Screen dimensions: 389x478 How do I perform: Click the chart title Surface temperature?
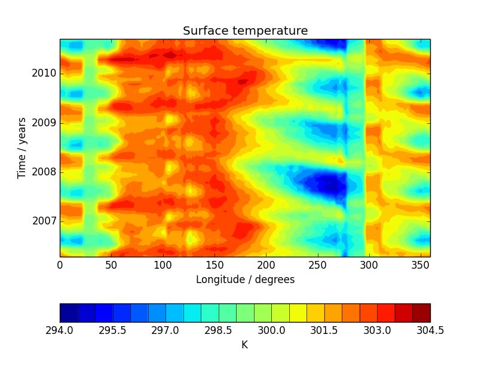(245, 31)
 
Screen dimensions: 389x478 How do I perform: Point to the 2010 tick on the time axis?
(45, 74)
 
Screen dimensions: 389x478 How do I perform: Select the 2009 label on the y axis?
(45, 123)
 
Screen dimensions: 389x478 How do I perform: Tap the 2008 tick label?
(45, 172)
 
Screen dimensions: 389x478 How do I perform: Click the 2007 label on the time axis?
(45, 221)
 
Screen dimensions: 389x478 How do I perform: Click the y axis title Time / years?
(22, 148)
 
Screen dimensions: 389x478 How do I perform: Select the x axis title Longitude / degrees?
(245, 279)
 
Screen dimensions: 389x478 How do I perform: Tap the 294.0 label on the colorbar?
(60, 330)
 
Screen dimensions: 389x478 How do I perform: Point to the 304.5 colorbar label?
(430, 330)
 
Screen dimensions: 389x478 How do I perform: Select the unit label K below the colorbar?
(244, 345)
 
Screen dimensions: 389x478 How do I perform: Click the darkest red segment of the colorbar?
(421, 312)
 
